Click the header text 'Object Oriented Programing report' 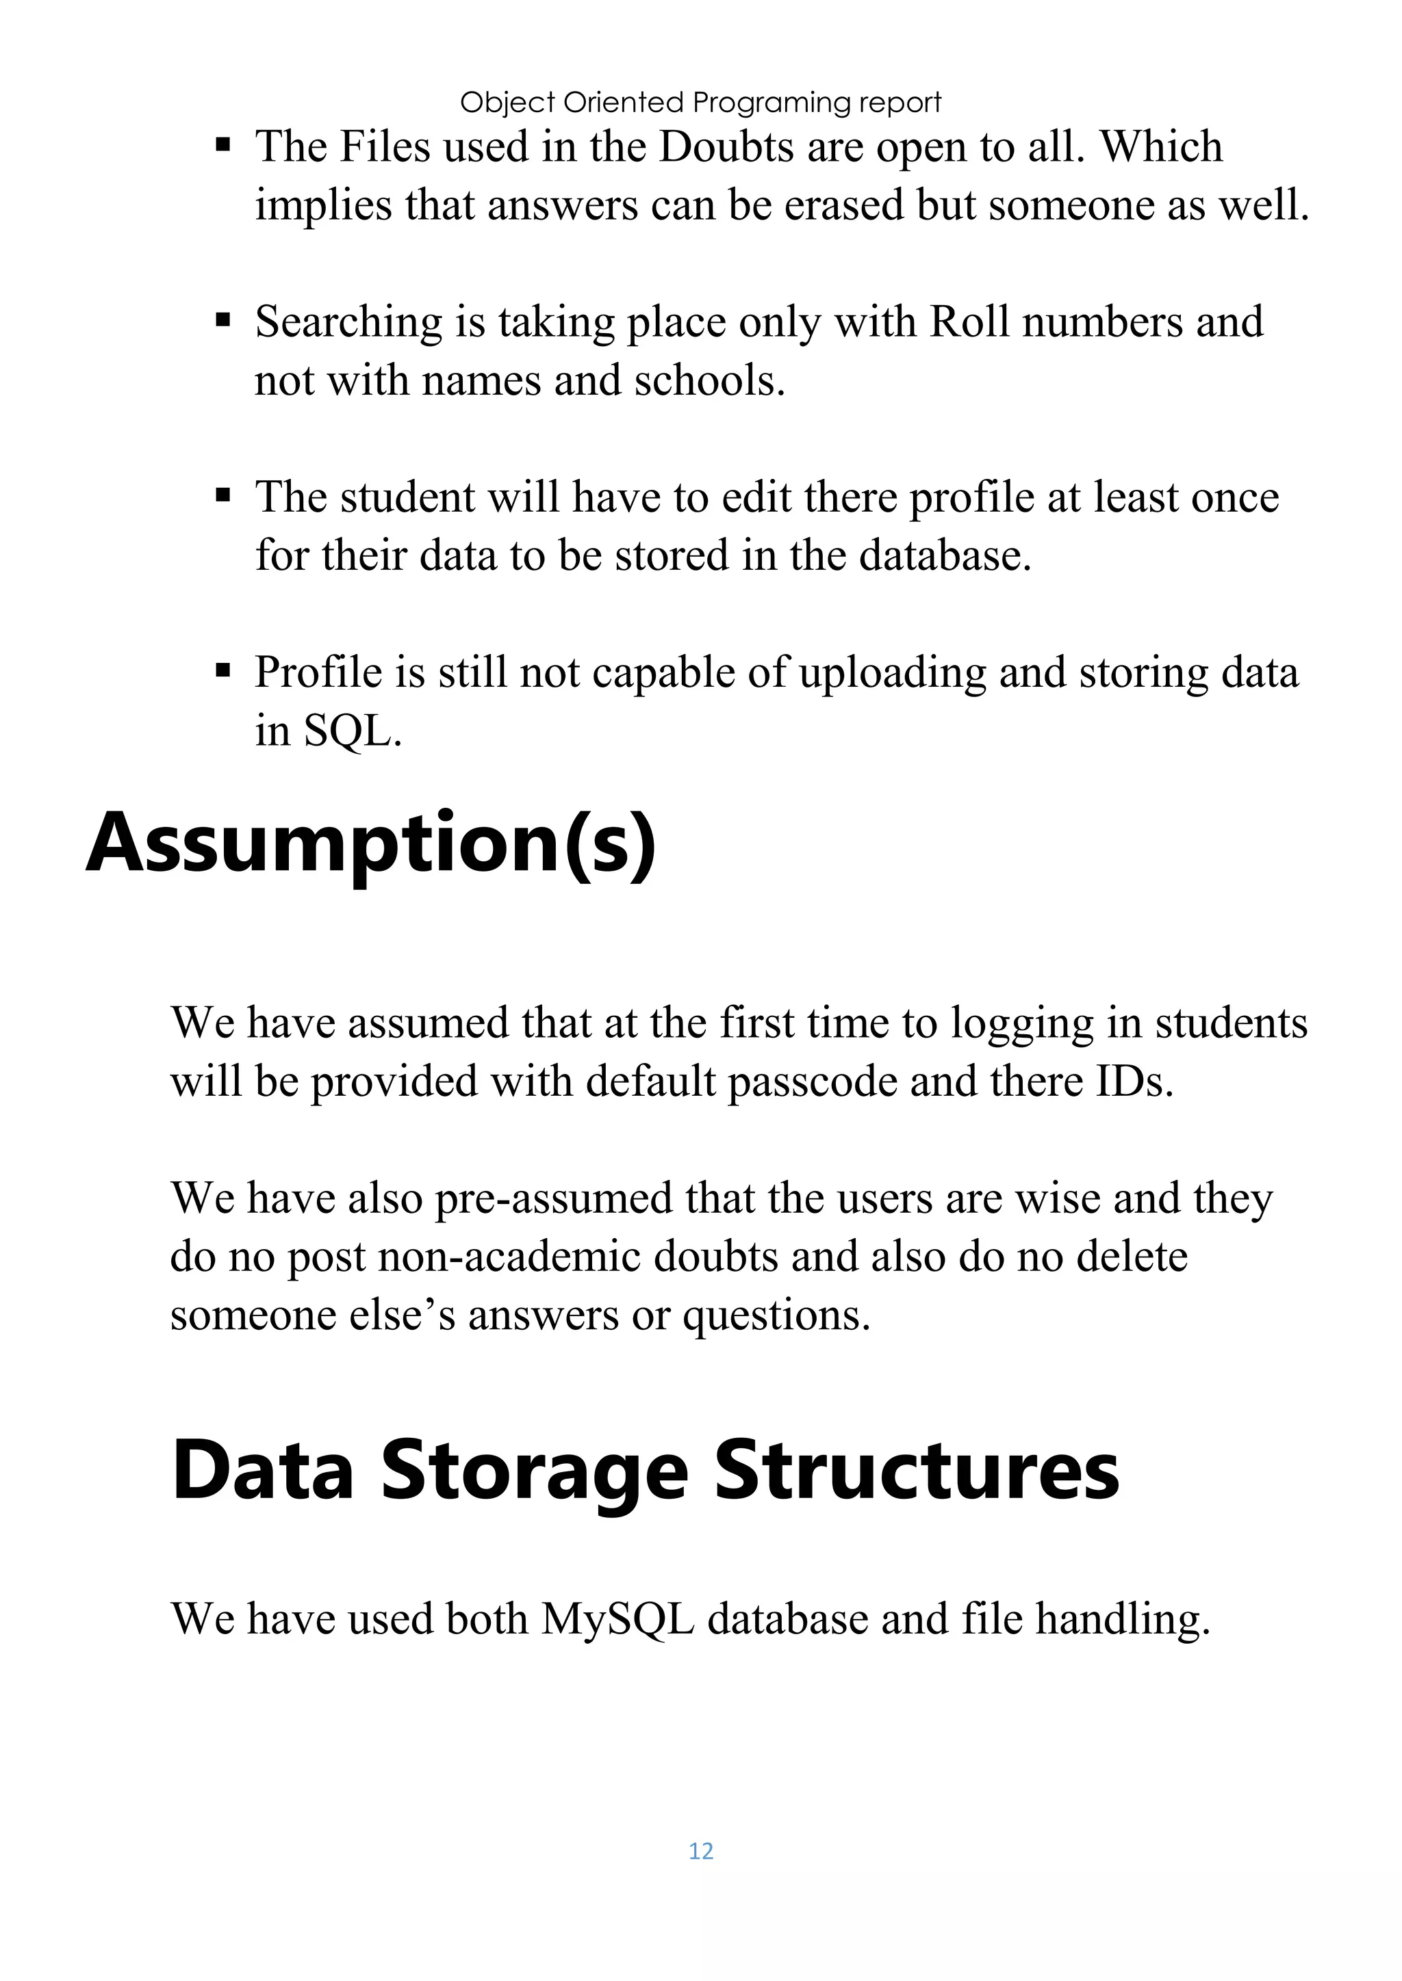(x=700, y=103)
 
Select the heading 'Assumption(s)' (x=371, y=842)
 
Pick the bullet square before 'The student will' (x=224, y=495)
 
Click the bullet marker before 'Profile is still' (x=224, y=670)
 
